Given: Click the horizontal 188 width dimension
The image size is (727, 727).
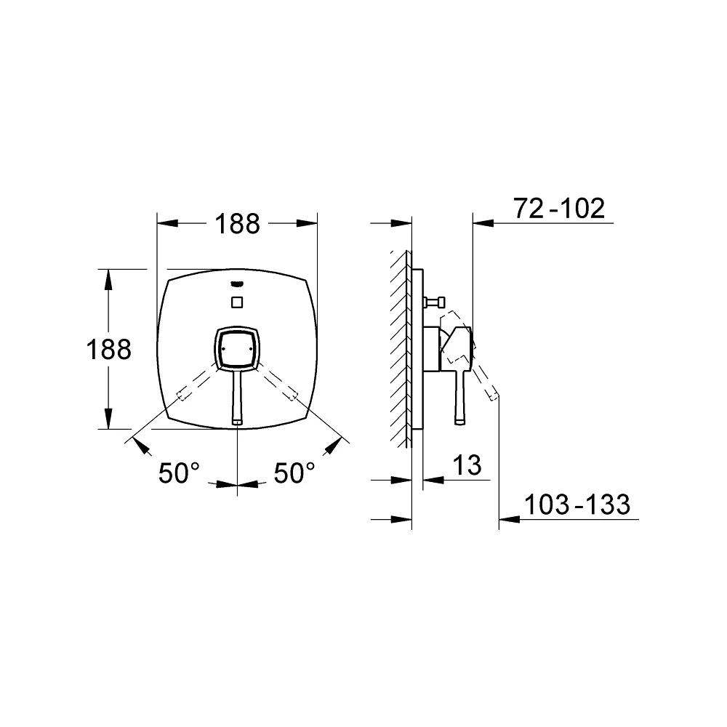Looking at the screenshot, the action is click(x=237, y=224).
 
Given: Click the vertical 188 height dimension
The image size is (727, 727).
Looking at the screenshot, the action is click(x=109, y=349).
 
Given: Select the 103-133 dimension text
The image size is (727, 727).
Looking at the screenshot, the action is click(x=577, y=505).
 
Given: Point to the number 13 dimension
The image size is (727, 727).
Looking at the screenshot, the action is click(x=467, y=465).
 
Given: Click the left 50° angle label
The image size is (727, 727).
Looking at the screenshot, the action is click(x=179, y=473).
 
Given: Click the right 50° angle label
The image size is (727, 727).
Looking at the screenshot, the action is click(x=294, y=473).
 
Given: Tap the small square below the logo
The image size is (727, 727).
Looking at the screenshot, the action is click(x=237, y=302).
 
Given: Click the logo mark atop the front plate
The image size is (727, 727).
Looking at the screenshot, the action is click(x=237, y=284).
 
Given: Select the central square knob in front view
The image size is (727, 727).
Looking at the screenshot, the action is click(x=237, y=348).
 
